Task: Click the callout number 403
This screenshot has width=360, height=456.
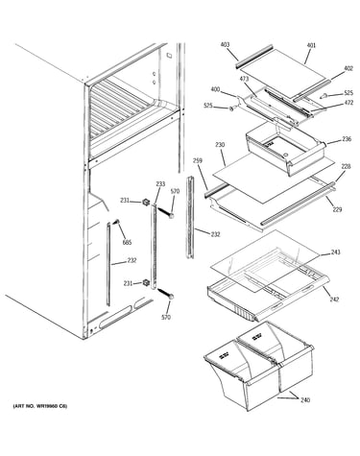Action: coord(225,44)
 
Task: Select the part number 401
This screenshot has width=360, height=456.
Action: coord(311,45)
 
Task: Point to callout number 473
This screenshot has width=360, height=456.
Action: coord(244,79)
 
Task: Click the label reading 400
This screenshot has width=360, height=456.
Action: coord(215,89)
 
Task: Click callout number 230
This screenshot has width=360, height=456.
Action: coord(220,145)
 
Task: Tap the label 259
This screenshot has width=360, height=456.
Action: coord(198,160)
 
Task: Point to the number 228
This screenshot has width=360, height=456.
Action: coord(346,166)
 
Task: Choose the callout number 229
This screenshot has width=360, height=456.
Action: coord(337,209)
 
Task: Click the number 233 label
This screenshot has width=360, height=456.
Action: coord(160,183)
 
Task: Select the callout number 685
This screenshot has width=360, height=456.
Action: coord(127,243)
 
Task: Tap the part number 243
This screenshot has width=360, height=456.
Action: coord(336,252)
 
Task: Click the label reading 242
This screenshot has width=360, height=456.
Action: coord(334,300)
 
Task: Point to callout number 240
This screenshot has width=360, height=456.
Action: coord(305,399)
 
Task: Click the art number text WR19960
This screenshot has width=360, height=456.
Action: coord(49,406)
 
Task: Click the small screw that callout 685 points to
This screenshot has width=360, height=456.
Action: coord(116,221)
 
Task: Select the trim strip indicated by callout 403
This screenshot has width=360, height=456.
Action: coord(254,56)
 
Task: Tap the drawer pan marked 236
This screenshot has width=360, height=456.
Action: coord(285,148)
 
